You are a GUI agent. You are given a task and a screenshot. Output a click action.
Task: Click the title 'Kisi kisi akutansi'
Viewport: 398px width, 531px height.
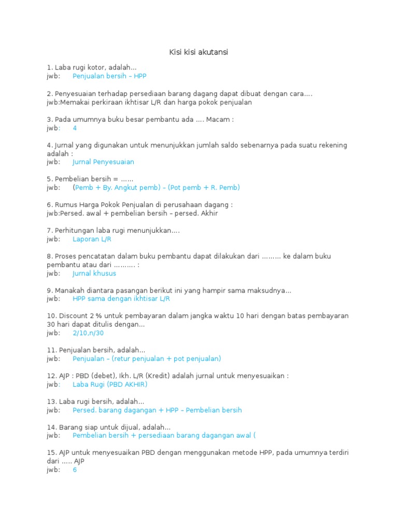coord(199,52)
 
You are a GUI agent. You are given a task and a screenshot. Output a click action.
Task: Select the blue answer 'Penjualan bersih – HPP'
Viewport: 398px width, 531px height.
coord(109,76)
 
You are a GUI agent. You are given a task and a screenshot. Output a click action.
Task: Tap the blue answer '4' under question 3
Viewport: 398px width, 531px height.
coord(75,128)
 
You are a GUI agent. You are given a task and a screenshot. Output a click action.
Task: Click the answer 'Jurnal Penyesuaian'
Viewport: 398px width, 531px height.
coord(103,162)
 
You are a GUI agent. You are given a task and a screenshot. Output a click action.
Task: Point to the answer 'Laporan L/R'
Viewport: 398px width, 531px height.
coord(92,239)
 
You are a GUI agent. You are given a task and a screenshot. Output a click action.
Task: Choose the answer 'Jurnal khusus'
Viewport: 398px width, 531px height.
coord(94,273)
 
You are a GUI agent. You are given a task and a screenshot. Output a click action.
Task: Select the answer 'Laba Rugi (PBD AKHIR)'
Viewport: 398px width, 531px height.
coord(110,384)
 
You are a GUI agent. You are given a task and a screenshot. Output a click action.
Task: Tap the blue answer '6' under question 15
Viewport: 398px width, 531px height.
coord(75,470)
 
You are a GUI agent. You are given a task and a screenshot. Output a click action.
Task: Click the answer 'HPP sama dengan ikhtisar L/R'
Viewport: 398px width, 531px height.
coord(121,299)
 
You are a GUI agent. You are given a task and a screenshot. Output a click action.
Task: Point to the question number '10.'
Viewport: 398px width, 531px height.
coord(51,316)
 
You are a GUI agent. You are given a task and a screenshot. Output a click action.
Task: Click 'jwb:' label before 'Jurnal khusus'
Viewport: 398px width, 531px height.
coord(53,273)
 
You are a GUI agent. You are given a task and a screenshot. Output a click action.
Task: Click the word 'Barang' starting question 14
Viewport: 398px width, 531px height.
coord(70,427)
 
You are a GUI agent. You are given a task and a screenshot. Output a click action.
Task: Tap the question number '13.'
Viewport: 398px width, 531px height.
coord(51,401)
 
